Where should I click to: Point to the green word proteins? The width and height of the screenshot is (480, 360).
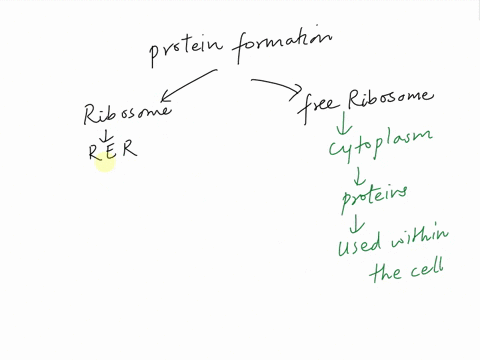[374, 200]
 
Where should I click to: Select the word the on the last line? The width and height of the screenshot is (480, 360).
[386, 273]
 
